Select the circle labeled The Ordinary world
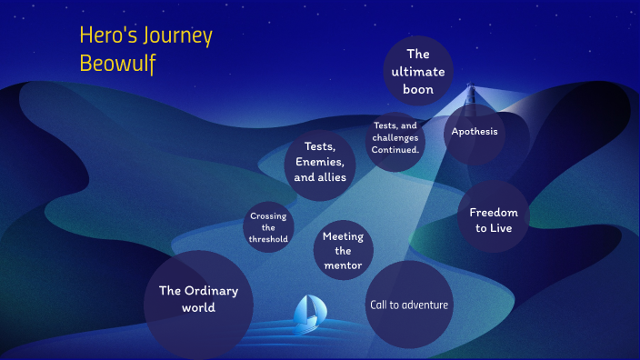pos(198,299)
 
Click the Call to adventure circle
pos(408,305)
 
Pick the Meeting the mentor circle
pos(343,251)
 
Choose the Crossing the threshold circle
pos(268,228)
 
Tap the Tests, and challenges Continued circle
pos(395,138)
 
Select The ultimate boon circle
pos(417,71)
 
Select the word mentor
pos(343,265)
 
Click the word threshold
pos(268,239)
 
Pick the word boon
pos(417,89)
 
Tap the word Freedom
pos(494,212)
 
